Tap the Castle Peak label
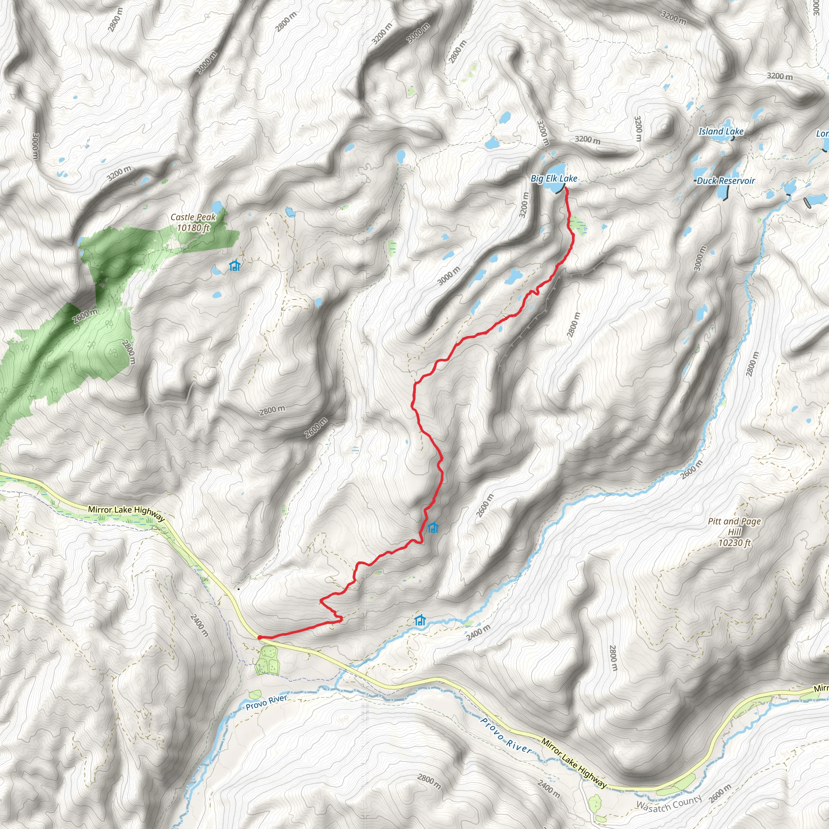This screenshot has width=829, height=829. tap(193, 217)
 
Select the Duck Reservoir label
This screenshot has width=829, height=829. tap(725, 181)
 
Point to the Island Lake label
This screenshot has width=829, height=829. tap(721, 132)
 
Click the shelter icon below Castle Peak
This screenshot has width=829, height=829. tap(234, 266)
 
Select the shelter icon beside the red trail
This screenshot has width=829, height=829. tap(433, 527)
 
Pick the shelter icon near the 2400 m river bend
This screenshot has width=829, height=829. tap(420, 620)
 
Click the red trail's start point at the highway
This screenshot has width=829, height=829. tap(259, 637)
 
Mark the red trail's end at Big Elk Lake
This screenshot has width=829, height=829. tap(565, 188)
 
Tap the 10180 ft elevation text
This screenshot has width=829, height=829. tap(193, 228)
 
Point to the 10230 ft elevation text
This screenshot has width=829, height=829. tap(734, 543)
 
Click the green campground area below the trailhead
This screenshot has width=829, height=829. tap(267, 660)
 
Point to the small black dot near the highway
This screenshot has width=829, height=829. tap(238, 589)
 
